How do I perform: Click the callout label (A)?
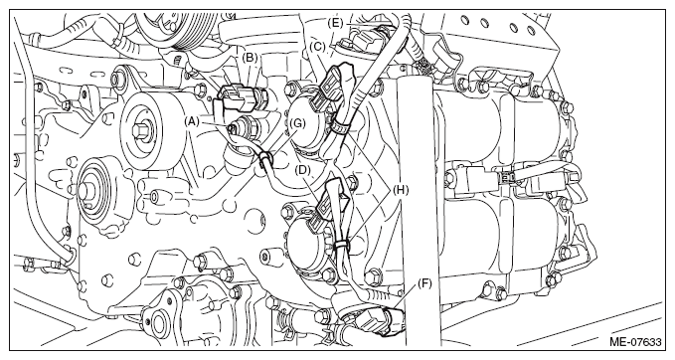[192, 121]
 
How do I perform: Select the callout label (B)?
[251, 58]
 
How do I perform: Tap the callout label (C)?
[319, 47]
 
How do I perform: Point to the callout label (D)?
[303, 170]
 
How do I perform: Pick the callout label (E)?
[335, 23]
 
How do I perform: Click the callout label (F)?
[424, 283]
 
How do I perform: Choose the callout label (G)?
[297, 124]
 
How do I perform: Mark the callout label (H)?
[401, 190]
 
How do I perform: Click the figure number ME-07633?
[635, 342]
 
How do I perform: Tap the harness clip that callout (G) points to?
[264, 158]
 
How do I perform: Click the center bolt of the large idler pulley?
[140, 129]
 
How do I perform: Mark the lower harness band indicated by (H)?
[341, 245]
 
